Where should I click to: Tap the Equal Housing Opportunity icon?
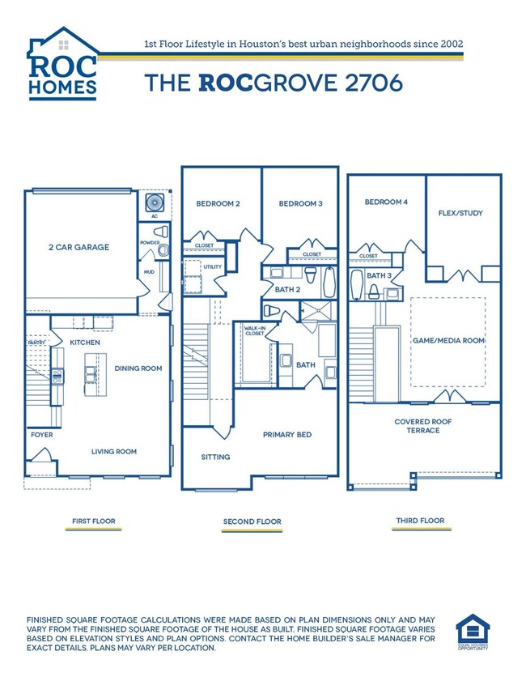473,632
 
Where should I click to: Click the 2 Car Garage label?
79,247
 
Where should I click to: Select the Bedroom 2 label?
218,204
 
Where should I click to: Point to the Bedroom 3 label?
301,204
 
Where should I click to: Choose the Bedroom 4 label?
386,202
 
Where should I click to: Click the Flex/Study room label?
460,214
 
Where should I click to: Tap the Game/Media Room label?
448,341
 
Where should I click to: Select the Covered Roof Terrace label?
423,426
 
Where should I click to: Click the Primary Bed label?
287,435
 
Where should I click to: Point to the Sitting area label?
215,457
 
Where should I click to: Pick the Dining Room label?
138,368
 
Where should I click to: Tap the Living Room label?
113,451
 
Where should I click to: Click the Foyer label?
42,435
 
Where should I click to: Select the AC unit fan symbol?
154,202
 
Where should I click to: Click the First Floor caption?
94,521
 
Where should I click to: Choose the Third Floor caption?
421,521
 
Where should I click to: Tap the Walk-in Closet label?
254,330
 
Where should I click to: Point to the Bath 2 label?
287,289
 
